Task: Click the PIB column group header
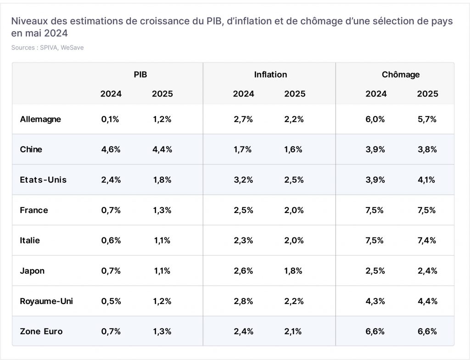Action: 140,74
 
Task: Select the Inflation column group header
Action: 270,74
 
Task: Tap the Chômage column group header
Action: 400,74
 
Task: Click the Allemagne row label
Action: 40,119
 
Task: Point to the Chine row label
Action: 31,149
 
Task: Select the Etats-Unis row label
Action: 43,180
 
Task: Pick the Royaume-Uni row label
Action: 46,301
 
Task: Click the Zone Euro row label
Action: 41,331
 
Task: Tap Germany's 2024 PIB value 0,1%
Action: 110,119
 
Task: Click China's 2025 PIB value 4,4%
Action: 162,149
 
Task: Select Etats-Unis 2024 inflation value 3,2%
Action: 243,180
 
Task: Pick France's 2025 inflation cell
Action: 294,210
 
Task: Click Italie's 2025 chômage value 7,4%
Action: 427,240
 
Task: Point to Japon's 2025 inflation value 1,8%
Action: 293,270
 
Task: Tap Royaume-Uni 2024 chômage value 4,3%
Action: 375,301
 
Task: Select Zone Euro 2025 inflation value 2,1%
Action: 293,331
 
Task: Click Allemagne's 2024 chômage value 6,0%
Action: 375,119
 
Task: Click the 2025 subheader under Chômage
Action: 427,94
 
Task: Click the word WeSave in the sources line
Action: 72,47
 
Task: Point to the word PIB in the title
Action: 214,21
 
